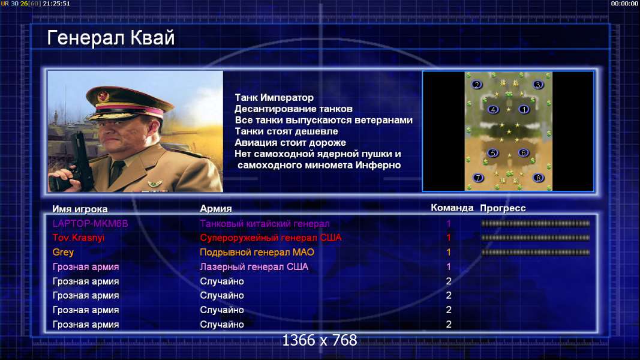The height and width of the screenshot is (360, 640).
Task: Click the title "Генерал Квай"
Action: pyautogui.click(x=110, y=38)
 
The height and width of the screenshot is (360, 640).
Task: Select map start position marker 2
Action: pyautogui.click(x=476, y=85)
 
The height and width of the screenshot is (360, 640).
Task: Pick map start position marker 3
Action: pyautogui.click(x=538, y=85)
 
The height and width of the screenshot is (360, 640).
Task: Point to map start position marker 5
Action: pyautogui.click(x=492, y=153)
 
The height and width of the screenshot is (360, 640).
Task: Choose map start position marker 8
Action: pyautogui.click(x=539, y=178)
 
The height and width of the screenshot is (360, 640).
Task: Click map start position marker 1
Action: pyautogui.click(x=524, y=109)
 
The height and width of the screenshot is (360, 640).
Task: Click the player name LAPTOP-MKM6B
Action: pyautogui.click(x=90, y=224)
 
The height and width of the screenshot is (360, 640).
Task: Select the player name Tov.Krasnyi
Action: pyautogui.click(x=79, y=238)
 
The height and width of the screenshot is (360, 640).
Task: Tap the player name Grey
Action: pyautogui.click(x=63, y=252)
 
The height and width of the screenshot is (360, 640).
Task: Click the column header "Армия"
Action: pyautogui.click(x=215, y=209)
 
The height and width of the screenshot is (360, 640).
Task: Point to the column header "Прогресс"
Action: pyautogui.click(x=503, y=208)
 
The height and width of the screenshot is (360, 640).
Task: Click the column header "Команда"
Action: pyautogui.click(x=452, y=208)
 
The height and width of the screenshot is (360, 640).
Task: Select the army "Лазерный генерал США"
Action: pyautogui.click(x=254, y=267)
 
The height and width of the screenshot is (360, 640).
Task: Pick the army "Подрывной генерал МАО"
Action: pyautogui.click(x=257, y=252)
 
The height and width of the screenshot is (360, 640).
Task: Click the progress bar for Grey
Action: pyautogui.click(x=535, y=252)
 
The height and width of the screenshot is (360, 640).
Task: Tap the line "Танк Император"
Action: pyautogui.click(x=274, y=98)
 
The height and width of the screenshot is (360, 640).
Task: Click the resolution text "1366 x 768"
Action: pyautogui.click(x=320, y=340)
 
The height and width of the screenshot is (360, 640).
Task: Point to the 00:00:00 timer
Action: pyautogui.click(x=624, y=3)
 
